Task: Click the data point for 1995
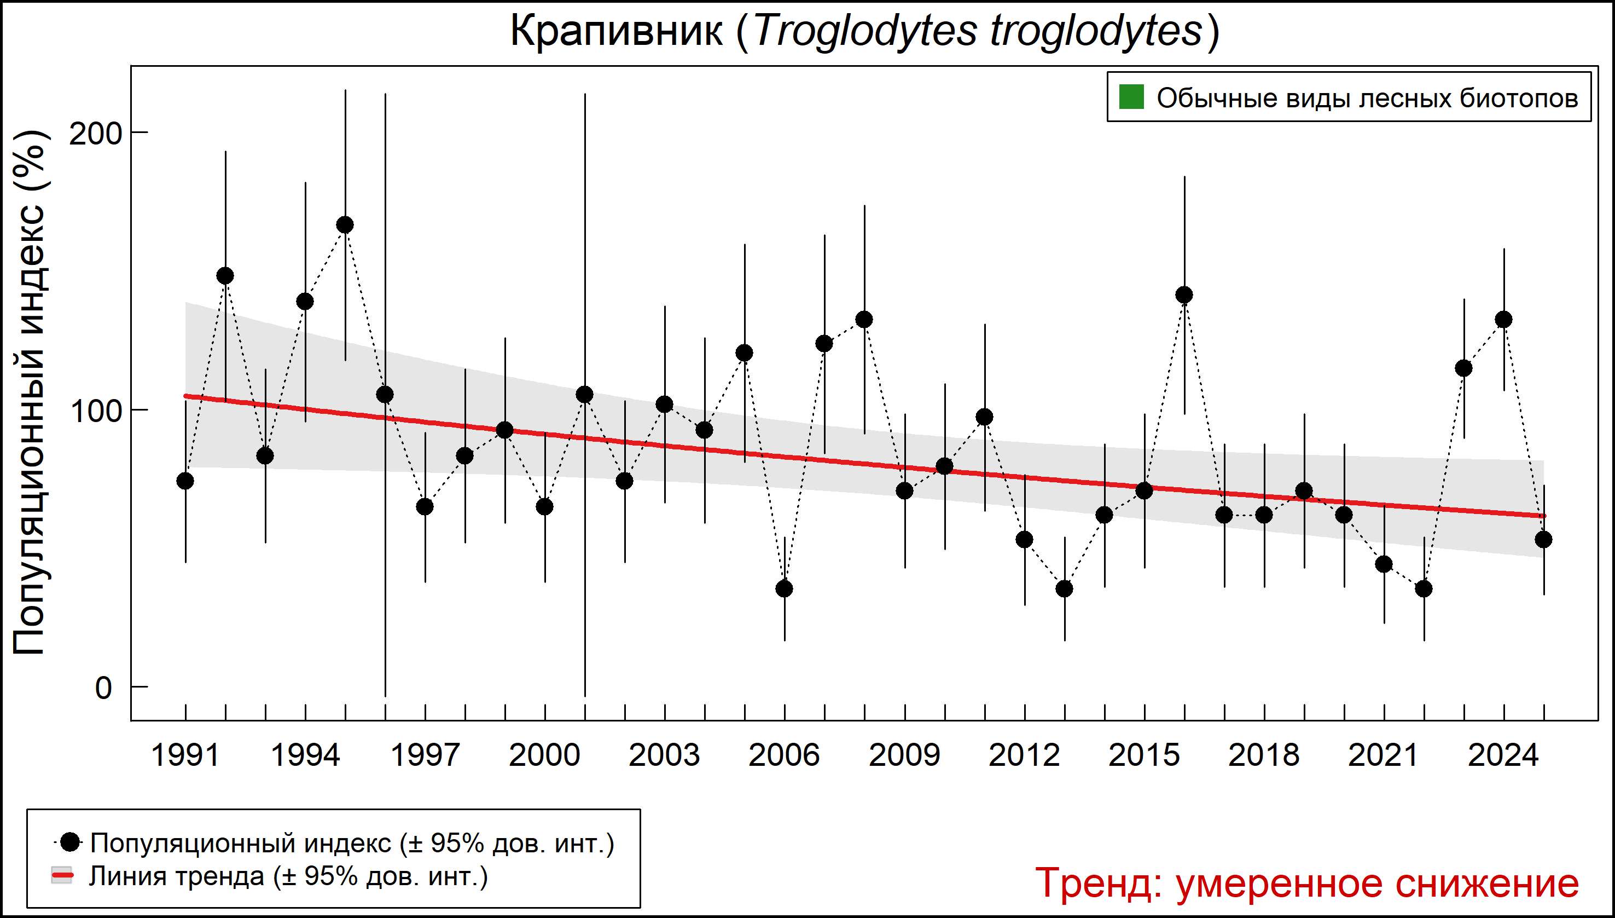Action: (x=345, y=225)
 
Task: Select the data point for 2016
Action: (x=1184, y=295)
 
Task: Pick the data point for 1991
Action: (x=185, y=481)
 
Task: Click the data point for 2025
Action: (x=1544, y=540)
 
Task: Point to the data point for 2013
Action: (x=1064, y=589)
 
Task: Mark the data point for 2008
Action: (x=864, y=320)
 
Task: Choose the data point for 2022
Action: (x=1424, y=589)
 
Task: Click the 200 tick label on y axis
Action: (x=95, y=133)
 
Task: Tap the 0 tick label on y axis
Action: (x=103, y=688)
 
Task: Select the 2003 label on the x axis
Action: (x=664, y=755)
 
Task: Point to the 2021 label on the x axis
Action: (x=1384, y=755)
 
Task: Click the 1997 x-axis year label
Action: (x=425, y=755)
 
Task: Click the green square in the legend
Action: (x=1131, y=98)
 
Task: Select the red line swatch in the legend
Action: (x=62, y=876)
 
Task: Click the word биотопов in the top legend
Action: (x=1520, y=99)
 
